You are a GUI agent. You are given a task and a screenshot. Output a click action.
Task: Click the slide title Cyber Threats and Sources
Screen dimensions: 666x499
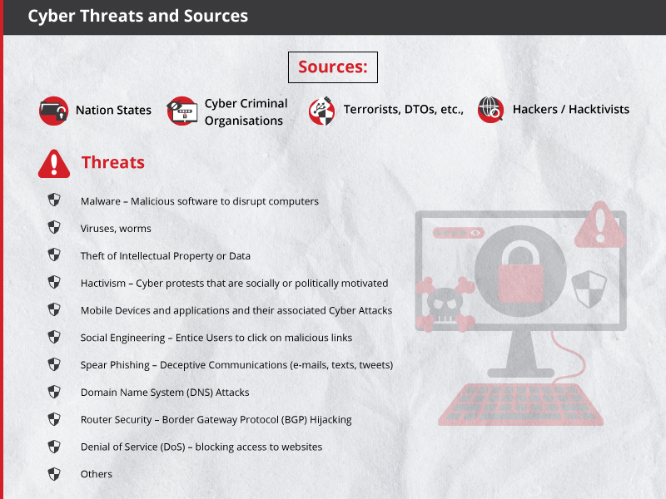[137, 16]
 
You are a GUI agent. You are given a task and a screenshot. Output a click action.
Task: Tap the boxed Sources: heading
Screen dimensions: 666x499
[332, 67]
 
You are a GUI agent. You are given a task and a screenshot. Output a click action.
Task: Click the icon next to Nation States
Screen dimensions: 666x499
[53, 111]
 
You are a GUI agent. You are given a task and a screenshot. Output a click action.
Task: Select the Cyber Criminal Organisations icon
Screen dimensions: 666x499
[181, 111]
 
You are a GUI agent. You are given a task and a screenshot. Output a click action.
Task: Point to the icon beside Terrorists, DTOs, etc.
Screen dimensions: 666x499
[322, 111]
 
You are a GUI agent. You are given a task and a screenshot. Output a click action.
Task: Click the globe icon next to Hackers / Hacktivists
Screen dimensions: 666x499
[490, 110]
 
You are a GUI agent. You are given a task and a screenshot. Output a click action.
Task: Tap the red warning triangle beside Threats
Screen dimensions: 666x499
[54, 163]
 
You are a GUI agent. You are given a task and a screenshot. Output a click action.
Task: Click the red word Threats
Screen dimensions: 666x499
[113, 162]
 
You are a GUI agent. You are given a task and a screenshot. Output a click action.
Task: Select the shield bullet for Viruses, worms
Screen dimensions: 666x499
[54, 227]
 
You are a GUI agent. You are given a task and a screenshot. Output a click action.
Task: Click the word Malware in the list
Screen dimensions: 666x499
[101, 201]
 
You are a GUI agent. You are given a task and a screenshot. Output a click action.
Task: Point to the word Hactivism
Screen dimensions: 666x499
[103, 283]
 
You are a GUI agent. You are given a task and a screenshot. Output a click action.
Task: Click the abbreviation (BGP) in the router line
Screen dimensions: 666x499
[295, 420]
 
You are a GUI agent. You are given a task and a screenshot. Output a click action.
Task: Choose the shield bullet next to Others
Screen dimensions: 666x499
[54, 473]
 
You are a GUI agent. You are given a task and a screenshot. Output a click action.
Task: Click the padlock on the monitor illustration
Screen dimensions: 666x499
[520, 271]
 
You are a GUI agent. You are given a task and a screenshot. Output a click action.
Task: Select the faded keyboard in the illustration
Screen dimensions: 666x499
[521, 404]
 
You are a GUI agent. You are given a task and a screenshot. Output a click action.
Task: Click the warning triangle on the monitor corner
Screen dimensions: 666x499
[599, 225]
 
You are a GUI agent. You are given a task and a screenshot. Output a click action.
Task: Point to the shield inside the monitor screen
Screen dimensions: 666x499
[589, 289]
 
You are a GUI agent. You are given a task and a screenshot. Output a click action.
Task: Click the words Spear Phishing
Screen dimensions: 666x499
[115, 365]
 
